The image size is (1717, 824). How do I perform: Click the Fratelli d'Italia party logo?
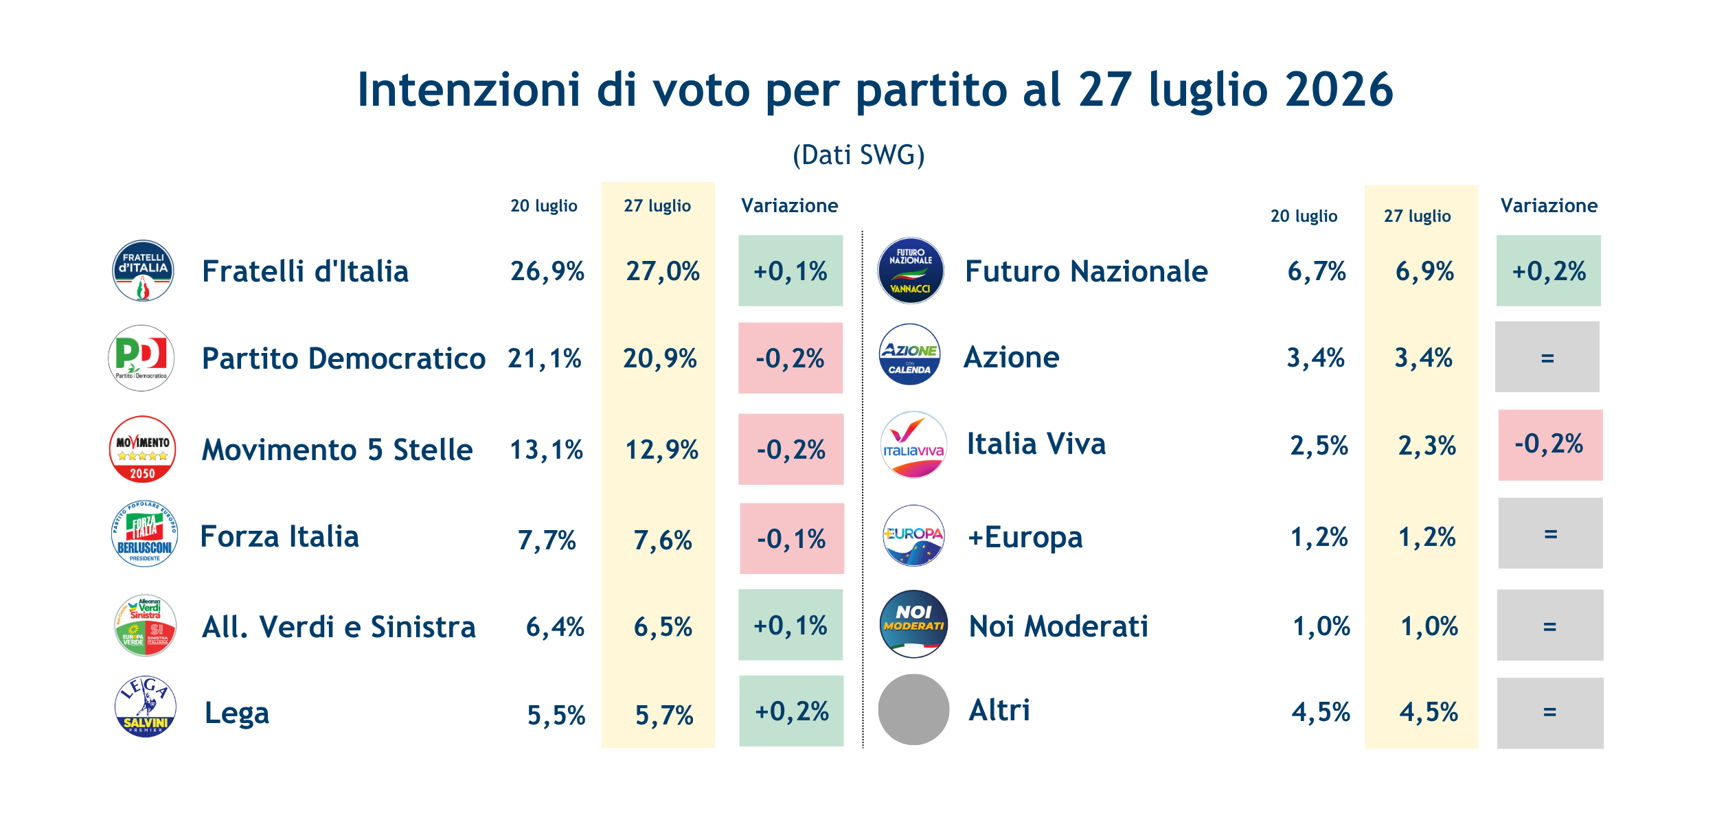click(x=143, y=271)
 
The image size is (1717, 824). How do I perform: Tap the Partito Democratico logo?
click(x=141, y=358)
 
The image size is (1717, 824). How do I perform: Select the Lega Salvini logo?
click(x=145, y=707)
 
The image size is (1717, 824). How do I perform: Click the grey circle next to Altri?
click(x=913, y=709)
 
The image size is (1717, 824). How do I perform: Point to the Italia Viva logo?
click(x=913, y=445)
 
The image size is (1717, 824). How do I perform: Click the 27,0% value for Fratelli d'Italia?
click(x=663, y=271)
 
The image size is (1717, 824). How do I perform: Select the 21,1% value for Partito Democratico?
click(x=545, y=358)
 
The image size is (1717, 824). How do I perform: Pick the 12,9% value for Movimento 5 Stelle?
click(x=661, y=450)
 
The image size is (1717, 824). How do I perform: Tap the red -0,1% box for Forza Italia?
click(x=792, y=538)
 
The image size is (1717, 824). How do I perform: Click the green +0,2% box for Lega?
click(x=791, y=711)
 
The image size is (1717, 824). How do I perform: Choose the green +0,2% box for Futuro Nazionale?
click(x=1549, y=271)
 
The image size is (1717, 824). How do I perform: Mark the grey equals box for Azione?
click(x=1547, y=357)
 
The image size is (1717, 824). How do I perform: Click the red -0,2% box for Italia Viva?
click(x=1551, y=445)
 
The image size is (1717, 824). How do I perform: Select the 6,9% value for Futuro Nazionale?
click(x=1424, y=271)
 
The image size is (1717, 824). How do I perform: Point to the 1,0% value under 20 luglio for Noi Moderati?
click(x=1321, y=626)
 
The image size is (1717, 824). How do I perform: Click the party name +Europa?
click(x=1025, y=538)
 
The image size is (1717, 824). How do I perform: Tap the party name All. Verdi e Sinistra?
click(x=339, y=627)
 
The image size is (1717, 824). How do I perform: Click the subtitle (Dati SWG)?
click(x=858, y=155)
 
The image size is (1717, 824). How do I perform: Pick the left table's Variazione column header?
click(x=790, y=205)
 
